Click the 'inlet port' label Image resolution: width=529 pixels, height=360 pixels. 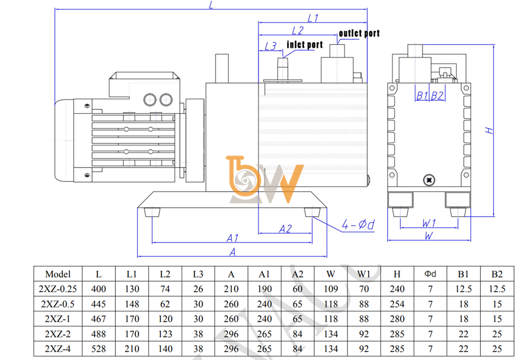click(x=305, y=45)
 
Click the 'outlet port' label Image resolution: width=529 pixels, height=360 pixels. click(x=359, y=33)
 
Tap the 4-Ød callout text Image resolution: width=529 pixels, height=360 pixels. click(x=358, y=225)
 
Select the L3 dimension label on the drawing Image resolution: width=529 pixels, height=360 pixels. click(x=270, y=46)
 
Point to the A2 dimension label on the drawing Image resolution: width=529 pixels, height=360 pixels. click(x=285, y=229)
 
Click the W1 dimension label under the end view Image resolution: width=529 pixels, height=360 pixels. click(x=429, y=223)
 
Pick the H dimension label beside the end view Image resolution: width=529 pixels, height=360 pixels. click(x=489, y=131)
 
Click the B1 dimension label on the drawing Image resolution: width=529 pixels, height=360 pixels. click(x=422, y=96)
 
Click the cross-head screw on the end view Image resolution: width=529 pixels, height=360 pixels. click(x=429, y=180)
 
